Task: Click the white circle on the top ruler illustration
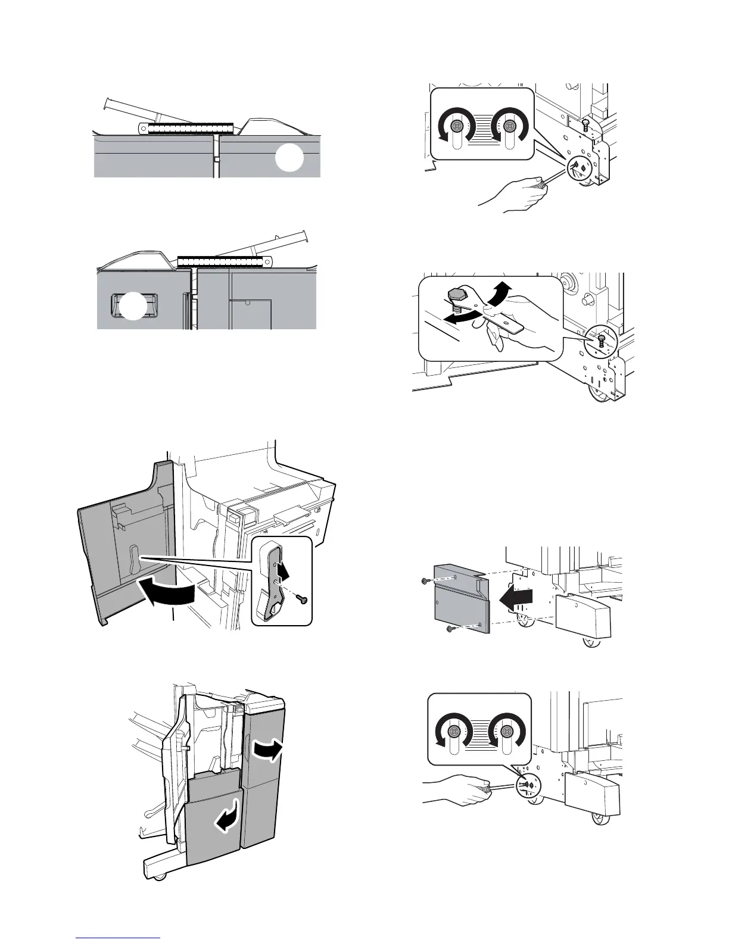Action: [x=290, y=160]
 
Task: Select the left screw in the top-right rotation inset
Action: [x=457, y=126]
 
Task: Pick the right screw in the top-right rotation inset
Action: [x=509, y=126]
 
